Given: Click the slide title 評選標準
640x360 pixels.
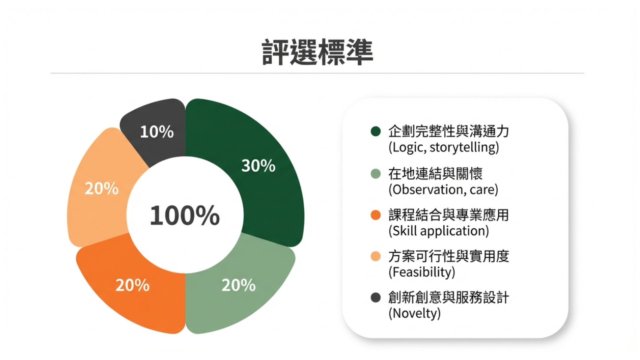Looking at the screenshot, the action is click(317, 52).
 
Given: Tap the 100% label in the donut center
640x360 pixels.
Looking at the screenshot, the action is click(185, 215).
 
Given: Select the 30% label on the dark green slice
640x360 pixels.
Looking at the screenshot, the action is click(258, 166).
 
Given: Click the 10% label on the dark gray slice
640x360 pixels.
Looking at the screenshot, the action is click(157, 132).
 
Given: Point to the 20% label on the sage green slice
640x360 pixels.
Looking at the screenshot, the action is click(239, 285).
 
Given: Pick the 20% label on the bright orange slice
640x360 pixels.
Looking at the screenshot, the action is click(132, 285).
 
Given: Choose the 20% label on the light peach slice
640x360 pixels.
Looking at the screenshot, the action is click(102, 188).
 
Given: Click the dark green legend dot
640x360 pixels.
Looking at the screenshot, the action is click(376, 131).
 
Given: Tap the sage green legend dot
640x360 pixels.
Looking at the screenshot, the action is click(376, 174).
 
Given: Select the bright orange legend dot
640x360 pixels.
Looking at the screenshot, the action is click(376, 215).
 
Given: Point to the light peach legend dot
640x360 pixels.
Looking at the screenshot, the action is click(376, 256).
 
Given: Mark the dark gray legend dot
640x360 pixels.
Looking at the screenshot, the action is click(376, 297).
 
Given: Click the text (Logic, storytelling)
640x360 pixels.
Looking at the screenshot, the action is click(444, 147).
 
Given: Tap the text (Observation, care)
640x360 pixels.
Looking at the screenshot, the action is click(443, 190).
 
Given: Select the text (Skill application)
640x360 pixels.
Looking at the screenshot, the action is click(439, 231).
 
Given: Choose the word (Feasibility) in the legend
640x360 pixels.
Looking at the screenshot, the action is click(422, 272).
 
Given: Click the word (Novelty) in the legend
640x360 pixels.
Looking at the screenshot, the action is click(415, 313).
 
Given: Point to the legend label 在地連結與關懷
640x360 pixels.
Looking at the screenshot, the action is click(435, 174).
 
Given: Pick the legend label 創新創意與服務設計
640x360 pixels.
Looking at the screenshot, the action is click(449, 297).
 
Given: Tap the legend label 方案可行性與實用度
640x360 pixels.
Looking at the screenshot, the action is click(449, 256).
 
